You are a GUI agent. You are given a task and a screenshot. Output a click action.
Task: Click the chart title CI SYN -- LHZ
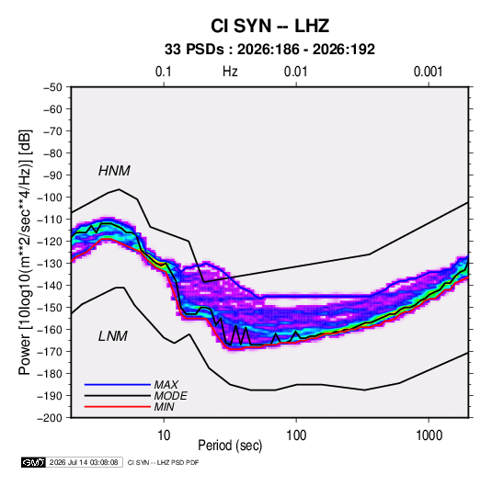coord(269,26)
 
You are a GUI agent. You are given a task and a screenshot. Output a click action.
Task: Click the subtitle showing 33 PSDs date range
coord(269,50)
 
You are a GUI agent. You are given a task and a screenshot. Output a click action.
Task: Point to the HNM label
coord(114,171)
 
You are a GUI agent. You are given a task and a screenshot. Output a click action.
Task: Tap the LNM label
coord(113,336)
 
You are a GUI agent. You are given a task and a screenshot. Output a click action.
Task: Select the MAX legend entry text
coord(166,384)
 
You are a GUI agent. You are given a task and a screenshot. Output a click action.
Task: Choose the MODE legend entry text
coord(171,396)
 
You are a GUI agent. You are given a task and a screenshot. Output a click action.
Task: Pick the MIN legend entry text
coord(164,407)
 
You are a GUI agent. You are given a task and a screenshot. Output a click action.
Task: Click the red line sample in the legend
coord(118,407)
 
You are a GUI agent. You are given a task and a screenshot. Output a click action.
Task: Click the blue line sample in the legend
coord(118,384)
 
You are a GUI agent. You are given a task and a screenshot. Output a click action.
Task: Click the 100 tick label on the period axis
coord(296,435)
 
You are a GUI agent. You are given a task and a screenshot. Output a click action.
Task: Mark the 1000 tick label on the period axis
coord(429,435)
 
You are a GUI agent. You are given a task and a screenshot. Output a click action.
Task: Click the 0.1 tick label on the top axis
coord(164,72)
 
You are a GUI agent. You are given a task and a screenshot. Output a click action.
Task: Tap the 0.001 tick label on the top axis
coord(429,72)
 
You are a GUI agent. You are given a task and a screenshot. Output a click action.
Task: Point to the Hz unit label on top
coord(230,72)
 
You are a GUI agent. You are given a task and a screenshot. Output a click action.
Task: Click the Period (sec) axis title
coord(230,446)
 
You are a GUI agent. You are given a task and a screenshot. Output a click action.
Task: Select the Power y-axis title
coord(25,252)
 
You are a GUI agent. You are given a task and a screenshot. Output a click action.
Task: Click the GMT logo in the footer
coord(33,462)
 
